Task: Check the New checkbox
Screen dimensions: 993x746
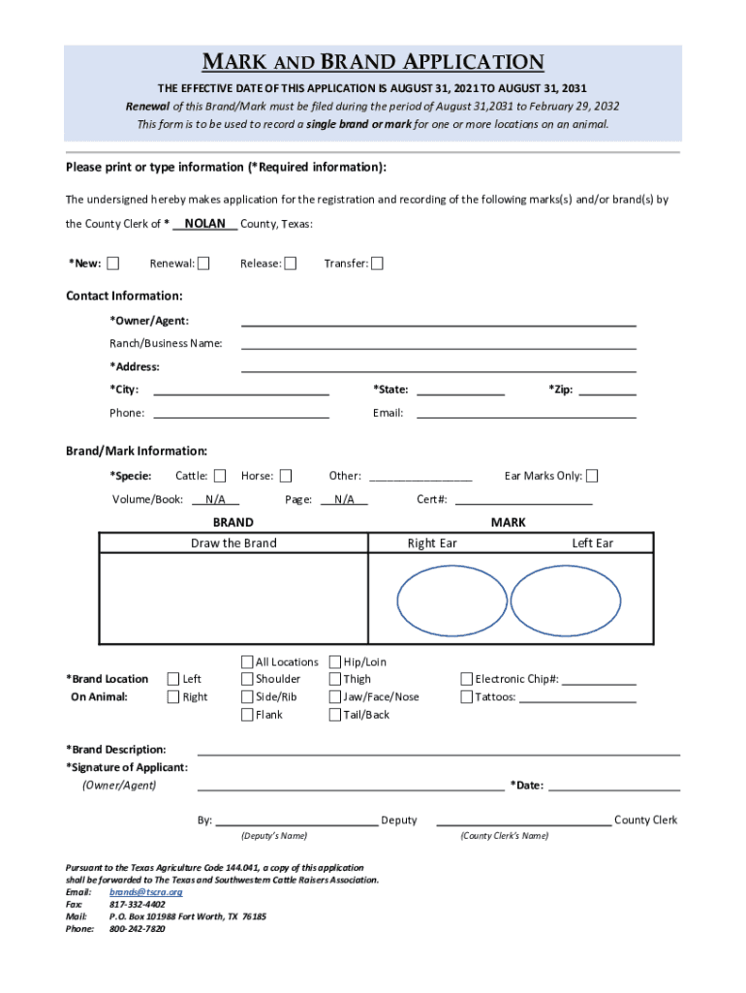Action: coord(113,264)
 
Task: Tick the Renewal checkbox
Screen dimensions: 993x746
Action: coord(203,264)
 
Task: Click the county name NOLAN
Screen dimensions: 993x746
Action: coord(204,224)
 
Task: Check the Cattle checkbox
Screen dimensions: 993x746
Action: coord(220,476)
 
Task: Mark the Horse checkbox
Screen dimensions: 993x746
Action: coord(285,476)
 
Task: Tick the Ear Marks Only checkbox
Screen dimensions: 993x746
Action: coord(592,476)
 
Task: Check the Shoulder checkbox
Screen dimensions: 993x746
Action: coord(247,679)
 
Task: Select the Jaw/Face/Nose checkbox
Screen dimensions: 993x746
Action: coord(335,697)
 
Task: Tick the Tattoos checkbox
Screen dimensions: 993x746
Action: coord(466,697)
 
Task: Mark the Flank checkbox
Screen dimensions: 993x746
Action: coord(247,715)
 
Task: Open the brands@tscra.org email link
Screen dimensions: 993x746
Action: coord(145,891)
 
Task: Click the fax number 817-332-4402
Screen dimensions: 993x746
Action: coord(137,904)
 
